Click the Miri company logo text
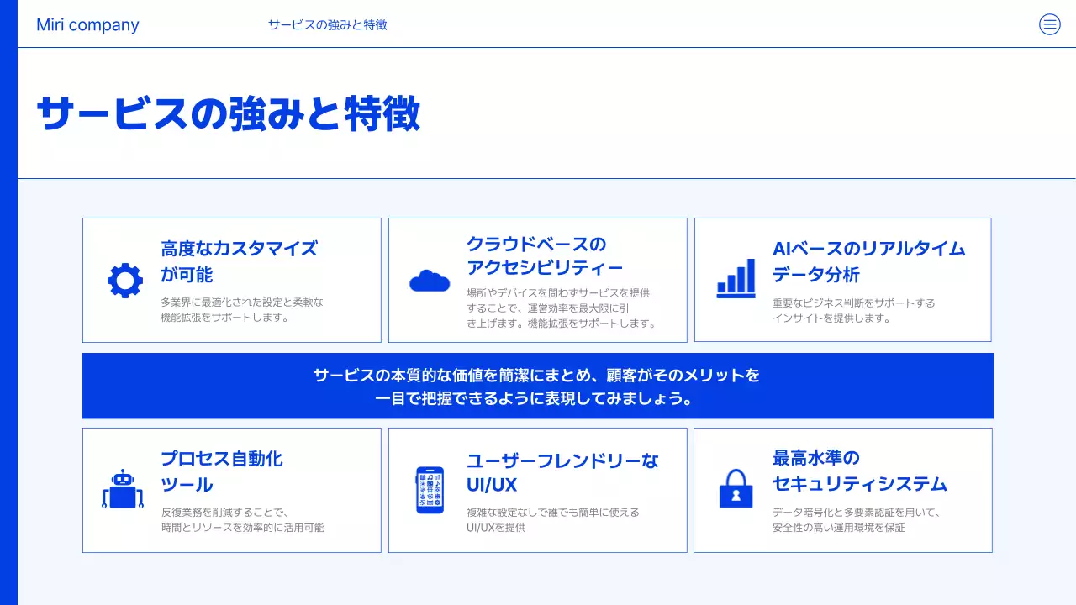87,25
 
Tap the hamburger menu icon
1050,24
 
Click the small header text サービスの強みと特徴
327,25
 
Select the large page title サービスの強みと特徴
229,113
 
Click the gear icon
125,281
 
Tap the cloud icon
430,281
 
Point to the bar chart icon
736,278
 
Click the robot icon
123,489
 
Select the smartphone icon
430,490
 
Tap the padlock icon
736,487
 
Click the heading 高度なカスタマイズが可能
240,261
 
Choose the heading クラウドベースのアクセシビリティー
545,256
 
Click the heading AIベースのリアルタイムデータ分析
868,261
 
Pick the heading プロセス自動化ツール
222,471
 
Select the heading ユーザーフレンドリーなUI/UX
562,472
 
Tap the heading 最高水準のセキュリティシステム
859,471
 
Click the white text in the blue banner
537,387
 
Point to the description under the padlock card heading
856,519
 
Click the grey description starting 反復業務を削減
242,519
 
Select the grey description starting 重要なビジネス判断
853,310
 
